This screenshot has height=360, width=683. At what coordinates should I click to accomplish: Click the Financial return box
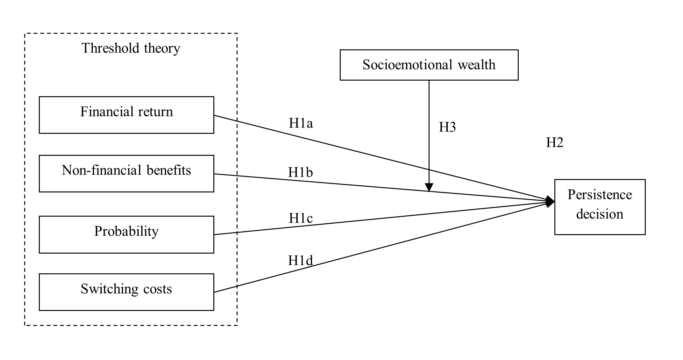click(x=126, y=115)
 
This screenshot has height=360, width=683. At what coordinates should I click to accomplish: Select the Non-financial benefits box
click(x=126, y=174)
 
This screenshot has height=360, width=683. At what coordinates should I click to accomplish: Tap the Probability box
click(x=126, y=234)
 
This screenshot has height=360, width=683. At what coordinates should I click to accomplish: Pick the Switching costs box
click(x=126, y=292)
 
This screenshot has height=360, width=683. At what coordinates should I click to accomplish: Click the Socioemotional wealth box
click(x=429, y=65)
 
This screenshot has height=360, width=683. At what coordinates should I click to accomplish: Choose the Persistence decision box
click(x=600, y=207)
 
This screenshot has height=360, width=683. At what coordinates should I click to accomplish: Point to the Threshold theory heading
click(x=131, y=48)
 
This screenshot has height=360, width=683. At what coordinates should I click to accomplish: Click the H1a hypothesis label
click(x=301, y=123)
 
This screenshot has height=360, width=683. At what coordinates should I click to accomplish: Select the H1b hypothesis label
click(x=300, y=172)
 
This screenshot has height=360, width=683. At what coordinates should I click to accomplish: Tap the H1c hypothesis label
click(x=301, y=218)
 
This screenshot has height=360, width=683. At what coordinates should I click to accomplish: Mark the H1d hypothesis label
click(x=300, y=261)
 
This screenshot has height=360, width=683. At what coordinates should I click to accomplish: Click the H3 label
click(x=447, y=127)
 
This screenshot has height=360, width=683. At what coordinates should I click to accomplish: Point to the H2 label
click(x=555, y=142)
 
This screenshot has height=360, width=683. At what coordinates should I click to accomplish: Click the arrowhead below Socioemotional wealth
click(x=429, y=187)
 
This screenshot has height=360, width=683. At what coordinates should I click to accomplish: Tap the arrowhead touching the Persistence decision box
click(x=550, y=202)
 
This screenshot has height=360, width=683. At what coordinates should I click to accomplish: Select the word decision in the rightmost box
click(x=600, y=214)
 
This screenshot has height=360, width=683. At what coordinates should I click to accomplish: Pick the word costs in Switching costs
click(x=157, y=289)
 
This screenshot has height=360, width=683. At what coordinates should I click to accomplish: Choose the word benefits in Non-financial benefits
click(x=169, y=170)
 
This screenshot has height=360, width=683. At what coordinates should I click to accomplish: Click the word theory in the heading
click(x=162, y=48)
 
